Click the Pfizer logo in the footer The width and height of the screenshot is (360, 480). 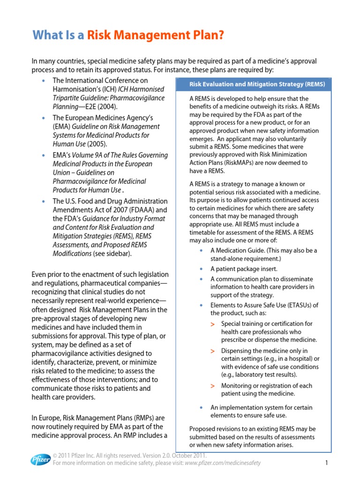[41, 459]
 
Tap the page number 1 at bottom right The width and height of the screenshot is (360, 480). [326, 463]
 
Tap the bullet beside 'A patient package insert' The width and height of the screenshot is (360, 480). [201, 269]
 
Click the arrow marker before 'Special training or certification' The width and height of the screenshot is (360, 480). [213, 324]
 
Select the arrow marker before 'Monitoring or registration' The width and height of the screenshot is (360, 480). [213, 386]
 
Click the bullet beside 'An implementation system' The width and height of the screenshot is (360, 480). [201, 408]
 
